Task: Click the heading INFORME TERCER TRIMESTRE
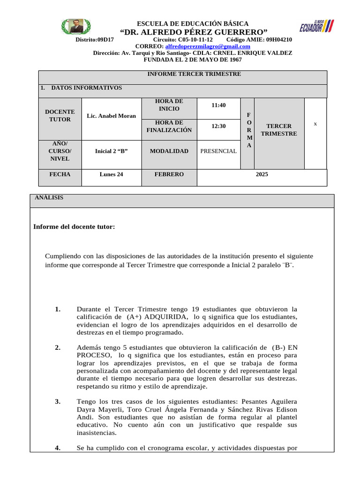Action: coord(194,74)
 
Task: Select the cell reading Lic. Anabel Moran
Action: coord(112,116)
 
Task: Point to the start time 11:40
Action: coord(218,105)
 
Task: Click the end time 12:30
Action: coord(218,126)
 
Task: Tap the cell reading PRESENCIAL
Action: coord(218,151)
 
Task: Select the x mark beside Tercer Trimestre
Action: coord(315,124)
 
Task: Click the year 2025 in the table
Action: coord(262,174)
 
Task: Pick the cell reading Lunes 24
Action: coord(112,174)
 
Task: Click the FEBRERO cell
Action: coord(169,174)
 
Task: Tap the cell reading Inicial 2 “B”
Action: coord(112,151)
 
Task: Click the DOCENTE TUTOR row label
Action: coord(60,116)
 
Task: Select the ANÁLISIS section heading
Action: coord(49,198)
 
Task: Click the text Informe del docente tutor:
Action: coord(74,227)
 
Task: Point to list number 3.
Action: coord(58,402)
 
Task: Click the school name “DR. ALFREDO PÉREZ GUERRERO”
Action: coord(194,32)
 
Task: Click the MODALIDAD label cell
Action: coord(169,151)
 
